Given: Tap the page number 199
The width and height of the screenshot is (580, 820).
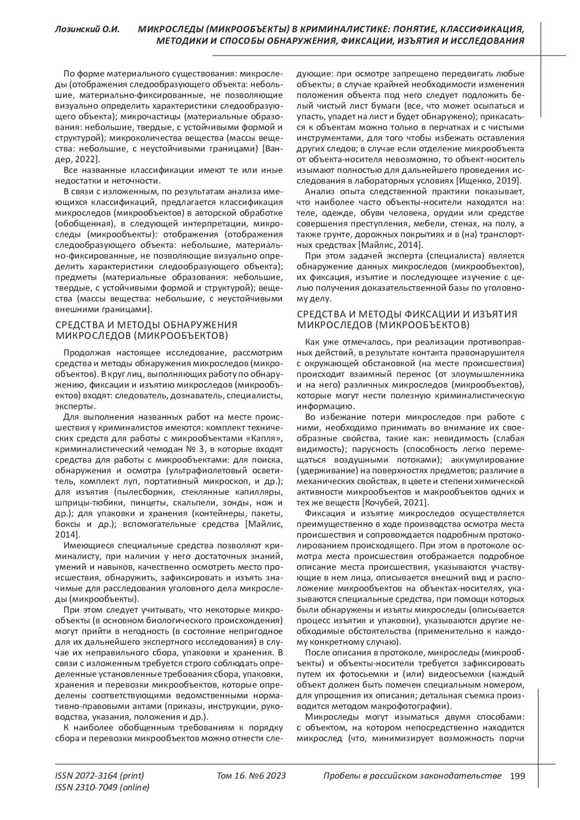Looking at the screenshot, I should point(517,776).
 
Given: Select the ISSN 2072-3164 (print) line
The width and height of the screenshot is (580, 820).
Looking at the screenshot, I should point(100,776).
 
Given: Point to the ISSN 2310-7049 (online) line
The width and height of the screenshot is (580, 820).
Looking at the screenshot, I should point(102,788).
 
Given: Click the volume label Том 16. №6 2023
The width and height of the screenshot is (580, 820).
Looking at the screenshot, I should point(251,776).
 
